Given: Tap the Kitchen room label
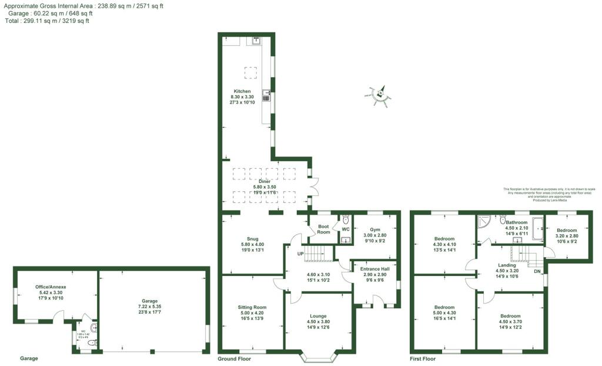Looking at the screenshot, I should (x=242, y=91).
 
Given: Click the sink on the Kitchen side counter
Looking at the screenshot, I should (x=266, y=95).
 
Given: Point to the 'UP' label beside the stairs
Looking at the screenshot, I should (x=300, y=254).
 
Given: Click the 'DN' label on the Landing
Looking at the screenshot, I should (x=536, y=271).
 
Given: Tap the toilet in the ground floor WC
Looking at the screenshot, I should (x=345, y=220).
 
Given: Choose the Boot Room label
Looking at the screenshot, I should (x=323, y=229).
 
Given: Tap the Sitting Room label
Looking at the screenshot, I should (x=252, y=307).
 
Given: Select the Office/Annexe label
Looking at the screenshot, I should (x=51, y=287).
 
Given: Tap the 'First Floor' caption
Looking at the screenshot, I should (x=423, y=358).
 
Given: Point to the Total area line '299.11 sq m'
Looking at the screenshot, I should (x=47, y=21).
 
